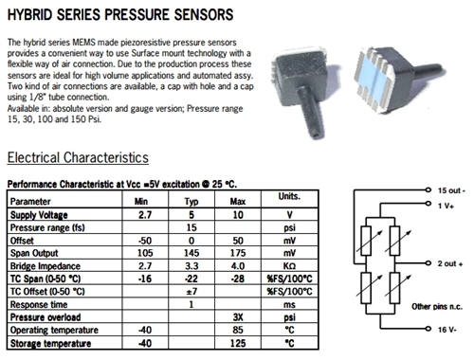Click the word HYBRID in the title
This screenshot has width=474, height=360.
coord(30,14)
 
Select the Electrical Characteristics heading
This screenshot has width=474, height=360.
coord(78,157)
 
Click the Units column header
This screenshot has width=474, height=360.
coord(289,196)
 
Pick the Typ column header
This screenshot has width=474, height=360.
coord(191,202)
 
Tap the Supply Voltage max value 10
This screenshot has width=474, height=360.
coord(238,215)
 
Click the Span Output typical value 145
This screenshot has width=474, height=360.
coord(191,253)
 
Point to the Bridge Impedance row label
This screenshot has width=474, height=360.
coord(45,266)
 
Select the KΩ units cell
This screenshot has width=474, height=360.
coord(289,266)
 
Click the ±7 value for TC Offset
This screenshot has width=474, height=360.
coord(191,291)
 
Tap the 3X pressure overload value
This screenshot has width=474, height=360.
coord(238,317)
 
